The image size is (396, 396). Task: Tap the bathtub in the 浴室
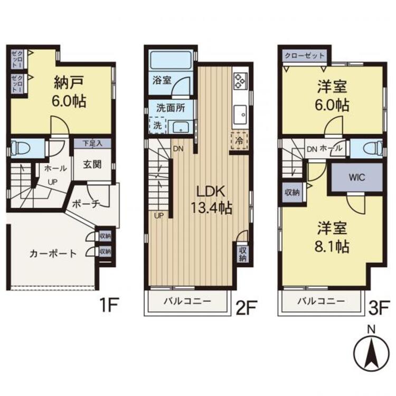click(x=170, y=60)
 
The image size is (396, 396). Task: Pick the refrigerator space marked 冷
click(x=239, y=141)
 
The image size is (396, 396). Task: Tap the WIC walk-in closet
click(x=356, y=177)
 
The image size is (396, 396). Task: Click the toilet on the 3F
click(x=367, y=149)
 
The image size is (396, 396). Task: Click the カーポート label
click(x=53, y=253)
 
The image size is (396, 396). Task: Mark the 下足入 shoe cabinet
click(x=91, y=143)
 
